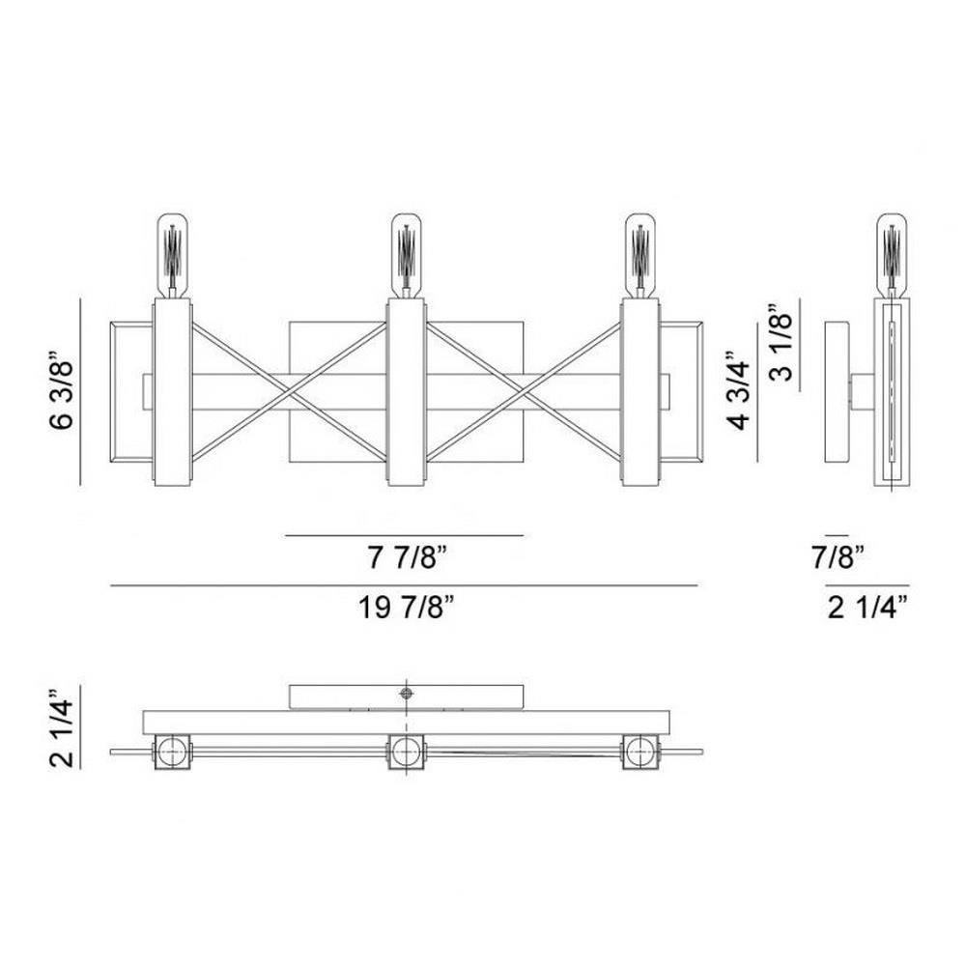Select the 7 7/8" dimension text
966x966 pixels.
point(407,558)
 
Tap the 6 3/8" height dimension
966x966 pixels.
point(62,390)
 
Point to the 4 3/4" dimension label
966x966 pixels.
point(738,390)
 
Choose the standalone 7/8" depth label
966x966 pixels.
point(838,558)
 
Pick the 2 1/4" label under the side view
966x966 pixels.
point(868,608)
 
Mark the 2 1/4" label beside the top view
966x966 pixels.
point(62,727)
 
